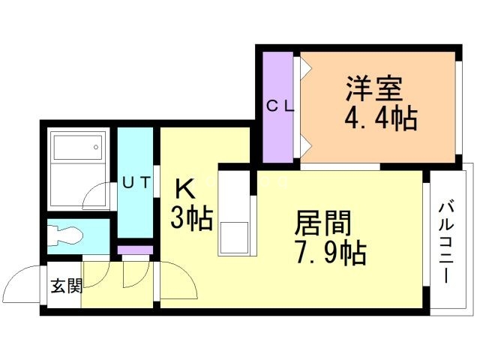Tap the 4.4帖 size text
[x=380, y=118]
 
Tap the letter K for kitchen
[x=183, y=186]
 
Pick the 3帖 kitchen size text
[x=191, y=217]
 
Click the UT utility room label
[x=136, y=181]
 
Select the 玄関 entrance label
[x=65, y=286]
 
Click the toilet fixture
[x=65, y=235]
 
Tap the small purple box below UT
[x=136, y=250]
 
